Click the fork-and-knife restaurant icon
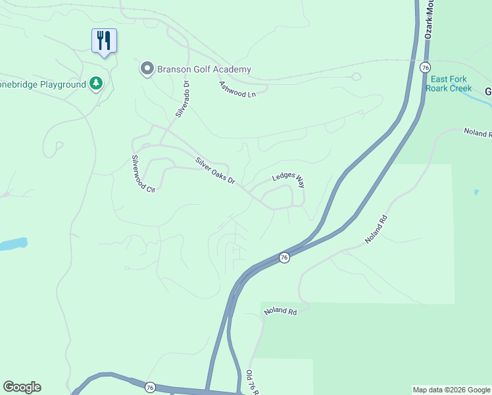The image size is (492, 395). click(x=104, y=41)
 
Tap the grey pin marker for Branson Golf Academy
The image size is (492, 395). click(x=147, y=69)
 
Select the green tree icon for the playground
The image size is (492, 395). click(x=96, y=84)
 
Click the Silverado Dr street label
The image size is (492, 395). click(x=182, y=99)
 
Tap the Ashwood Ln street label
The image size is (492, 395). click(x=237, y=89)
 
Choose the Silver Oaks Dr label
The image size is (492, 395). click(x=214, y=171)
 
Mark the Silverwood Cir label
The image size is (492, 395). click(x=142, y=174)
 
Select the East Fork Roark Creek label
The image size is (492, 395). click(x=451, y=84)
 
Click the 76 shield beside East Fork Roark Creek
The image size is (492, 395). click(x=425, y=68)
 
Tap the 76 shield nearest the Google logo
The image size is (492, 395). click(x=150, y=387)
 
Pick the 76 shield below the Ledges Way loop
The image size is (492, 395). click(x=283, y=257)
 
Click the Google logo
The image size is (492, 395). click(x=22, y=387)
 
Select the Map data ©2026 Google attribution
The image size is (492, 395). click(x=451, y=390)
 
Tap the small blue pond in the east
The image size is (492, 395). click(x=476, y=192)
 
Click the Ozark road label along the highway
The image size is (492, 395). click(x=429, y=20)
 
